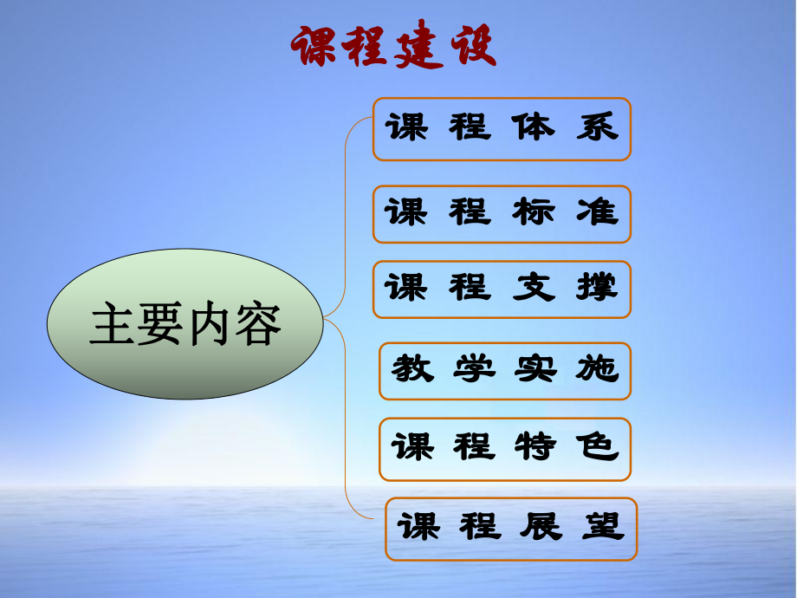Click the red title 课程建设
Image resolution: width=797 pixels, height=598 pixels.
pos(394,45)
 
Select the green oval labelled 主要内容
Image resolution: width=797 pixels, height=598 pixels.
pos(186,325)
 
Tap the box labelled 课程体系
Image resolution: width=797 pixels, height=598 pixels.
pos(502,129)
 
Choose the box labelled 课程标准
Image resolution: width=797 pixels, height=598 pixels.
pos(502,213)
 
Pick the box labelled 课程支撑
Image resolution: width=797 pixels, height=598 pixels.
pos(502,289)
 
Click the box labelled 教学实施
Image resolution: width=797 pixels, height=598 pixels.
pos(505,371)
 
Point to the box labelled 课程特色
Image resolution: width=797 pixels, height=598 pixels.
pos(505,449)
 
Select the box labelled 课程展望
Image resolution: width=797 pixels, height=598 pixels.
pos(511,528)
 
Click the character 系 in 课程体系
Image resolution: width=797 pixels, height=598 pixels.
pos(597,128)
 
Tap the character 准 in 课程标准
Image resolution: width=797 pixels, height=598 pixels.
pos(597,212)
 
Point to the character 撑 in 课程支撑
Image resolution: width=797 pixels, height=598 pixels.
pos(597,288)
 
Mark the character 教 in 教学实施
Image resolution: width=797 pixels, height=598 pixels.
pos(412,371)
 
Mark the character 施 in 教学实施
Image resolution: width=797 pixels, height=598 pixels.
pos(597,371)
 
